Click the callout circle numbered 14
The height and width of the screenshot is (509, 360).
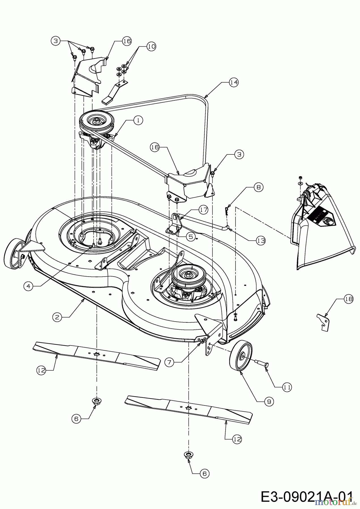tap(234, 82)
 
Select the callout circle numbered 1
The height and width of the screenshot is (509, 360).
tap(138, 120)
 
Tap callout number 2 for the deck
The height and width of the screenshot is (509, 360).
tap(57, 317)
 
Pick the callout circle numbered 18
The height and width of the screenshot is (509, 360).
tap(349, 299)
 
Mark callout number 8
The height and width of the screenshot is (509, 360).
tap(258, 187)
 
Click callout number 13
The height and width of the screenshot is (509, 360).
tap(261, 240)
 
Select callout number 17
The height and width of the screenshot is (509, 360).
tap(203, 210)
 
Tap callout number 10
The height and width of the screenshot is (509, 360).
tap(151, 46)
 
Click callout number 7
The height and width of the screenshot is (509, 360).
tap(169, 362)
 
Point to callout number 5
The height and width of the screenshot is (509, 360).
tap(191, 236)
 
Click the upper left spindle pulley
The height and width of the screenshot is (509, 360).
tap(96, 120)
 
